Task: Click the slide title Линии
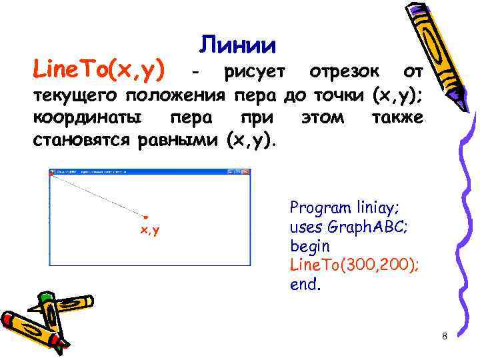click(x=237, y=45)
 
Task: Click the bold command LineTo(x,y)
click(x=100, y=68)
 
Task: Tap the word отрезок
click(x=345, y=71)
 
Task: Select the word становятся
click(x=83, y=140)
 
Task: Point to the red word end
click(x=303, y=285)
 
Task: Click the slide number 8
click(x=444, y=335)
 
